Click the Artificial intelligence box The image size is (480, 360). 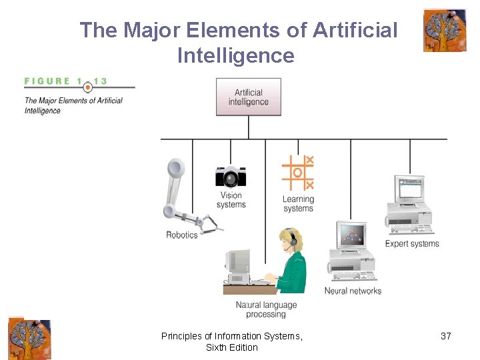[249, 97]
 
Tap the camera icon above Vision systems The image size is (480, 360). [231, 176]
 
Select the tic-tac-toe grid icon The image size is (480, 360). [298, 173]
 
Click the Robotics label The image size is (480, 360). [182, 235]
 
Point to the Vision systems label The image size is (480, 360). [231, 200]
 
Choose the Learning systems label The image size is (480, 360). [298, 203]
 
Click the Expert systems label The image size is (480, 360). [412, 243]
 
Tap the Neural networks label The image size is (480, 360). [353, 291]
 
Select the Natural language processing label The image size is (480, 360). [266, 309]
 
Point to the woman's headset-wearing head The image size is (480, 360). [291, 240]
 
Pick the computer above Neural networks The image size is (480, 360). [352, 252]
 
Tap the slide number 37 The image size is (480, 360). [446, 336]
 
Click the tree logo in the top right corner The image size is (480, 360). [445, 30]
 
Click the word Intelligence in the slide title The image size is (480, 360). [236, 55]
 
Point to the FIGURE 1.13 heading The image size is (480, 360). [66, 82]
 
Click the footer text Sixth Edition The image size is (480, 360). [231, 347]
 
